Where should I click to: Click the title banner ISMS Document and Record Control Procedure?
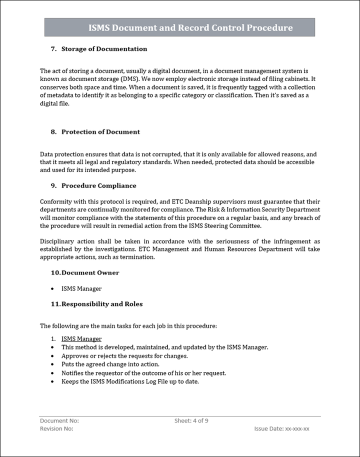tap(190, 28)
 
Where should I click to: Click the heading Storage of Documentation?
tap(104, 49)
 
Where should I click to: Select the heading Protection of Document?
tap(100, 132)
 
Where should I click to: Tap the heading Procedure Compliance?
tap(98, 185)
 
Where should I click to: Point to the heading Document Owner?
tap(90, 272)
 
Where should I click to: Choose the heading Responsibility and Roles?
tap(101, 304)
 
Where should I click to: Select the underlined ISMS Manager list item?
tap(81, 339)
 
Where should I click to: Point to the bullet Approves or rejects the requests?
tap(124, 356)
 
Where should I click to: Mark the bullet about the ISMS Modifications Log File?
tap(130, 381)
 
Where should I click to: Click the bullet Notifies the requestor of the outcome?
tap(143, 373)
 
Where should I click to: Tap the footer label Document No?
tap(59, 421)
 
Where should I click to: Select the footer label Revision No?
tap(56, 429)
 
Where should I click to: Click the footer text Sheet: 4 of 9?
tap(191, 421)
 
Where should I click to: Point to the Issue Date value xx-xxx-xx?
tap(297, 429)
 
